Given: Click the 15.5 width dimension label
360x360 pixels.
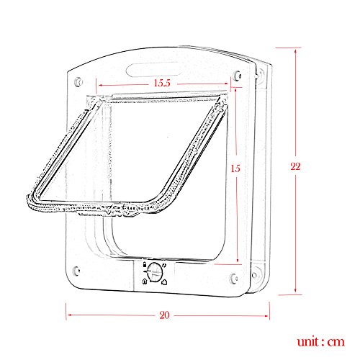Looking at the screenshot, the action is tap(162, 83).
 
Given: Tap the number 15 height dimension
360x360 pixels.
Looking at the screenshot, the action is tap(235, 168).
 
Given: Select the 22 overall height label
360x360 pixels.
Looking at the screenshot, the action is tap(295, 166).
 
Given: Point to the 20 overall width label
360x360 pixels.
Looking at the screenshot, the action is tap(164, 315).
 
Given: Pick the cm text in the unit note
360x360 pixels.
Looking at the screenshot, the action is tap(336, 342).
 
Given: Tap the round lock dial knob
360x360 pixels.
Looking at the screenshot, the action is tap(154, 271).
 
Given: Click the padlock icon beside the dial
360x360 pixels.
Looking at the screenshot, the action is tap(145, 265).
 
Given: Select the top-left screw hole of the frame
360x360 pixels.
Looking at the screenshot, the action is tap(78, 81).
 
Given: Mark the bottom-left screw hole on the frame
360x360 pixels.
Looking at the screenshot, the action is tap(76, 271).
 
